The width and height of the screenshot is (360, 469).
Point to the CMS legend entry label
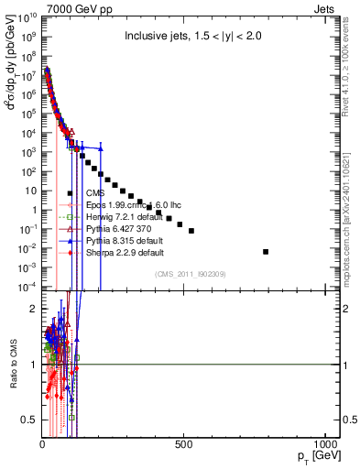point(93,192)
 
